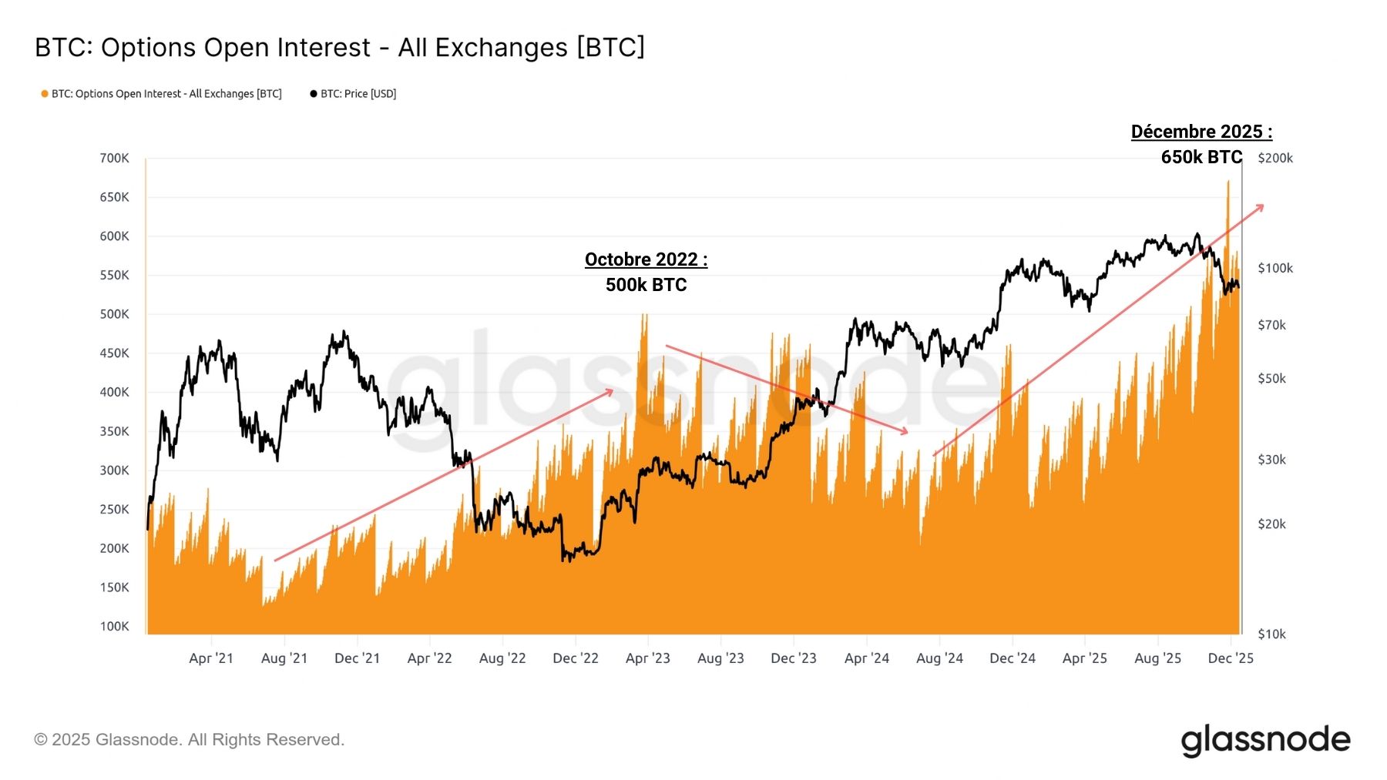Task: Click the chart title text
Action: pyautogui.click(x=340, y=48)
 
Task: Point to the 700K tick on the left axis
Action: pyautogui.click(x=114, y=158)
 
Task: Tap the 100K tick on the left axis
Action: pyautogui.click(x=114, y=626)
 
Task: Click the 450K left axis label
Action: pyautogui.click(x=114, y=353)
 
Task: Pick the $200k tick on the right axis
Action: pyautogui.click(x=1274, y=158)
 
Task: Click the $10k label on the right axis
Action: pyautogui.click(x=1271, y=634)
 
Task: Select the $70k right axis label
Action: pyautogui.click(x=1271, y=325)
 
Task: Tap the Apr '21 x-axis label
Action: pyautogui.click(x=211, y=658)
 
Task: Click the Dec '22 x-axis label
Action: pyautogui.click(x=576, y=658)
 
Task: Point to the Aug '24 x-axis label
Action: pyautogui.click(x=939, y=658)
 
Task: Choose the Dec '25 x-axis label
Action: pyautogui.click(x=1231, y=658)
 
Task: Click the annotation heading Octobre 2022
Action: pyautogui.click(x=646, y=259)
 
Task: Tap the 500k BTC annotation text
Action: pyautogui.click(x=646, y=285)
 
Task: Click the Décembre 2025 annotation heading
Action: pyautogui.click(x=1201, y=132)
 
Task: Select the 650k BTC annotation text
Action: pyautogui.click(x=1201, y=157)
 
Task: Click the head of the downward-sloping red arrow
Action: pyautogui.click(x=907, y=433)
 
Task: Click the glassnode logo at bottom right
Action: pyautogui.click(x=1265, y=740)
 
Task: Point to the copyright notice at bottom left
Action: pyautogui.click(x=189, y=740)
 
